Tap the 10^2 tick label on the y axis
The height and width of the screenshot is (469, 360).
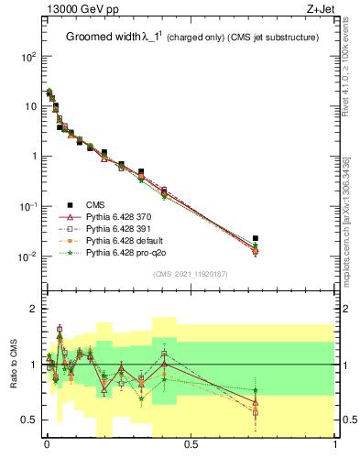[28, 57]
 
